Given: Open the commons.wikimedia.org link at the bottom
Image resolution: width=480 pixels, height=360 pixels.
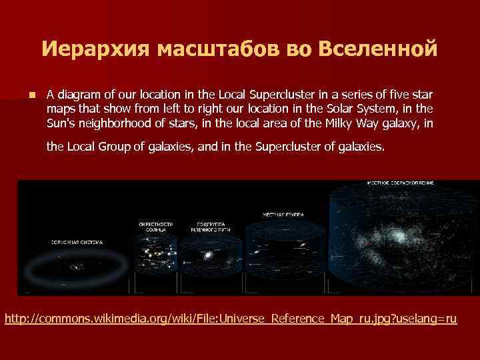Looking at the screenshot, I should (x=231, y=319).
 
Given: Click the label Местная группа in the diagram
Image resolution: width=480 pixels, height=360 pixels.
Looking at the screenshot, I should (x=283, y=215).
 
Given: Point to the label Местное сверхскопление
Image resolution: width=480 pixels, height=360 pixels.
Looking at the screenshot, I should (x=401, y=182).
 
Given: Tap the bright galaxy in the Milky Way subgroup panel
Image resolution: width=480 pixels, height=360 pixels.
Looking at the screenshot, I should (x=209, y=255).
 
